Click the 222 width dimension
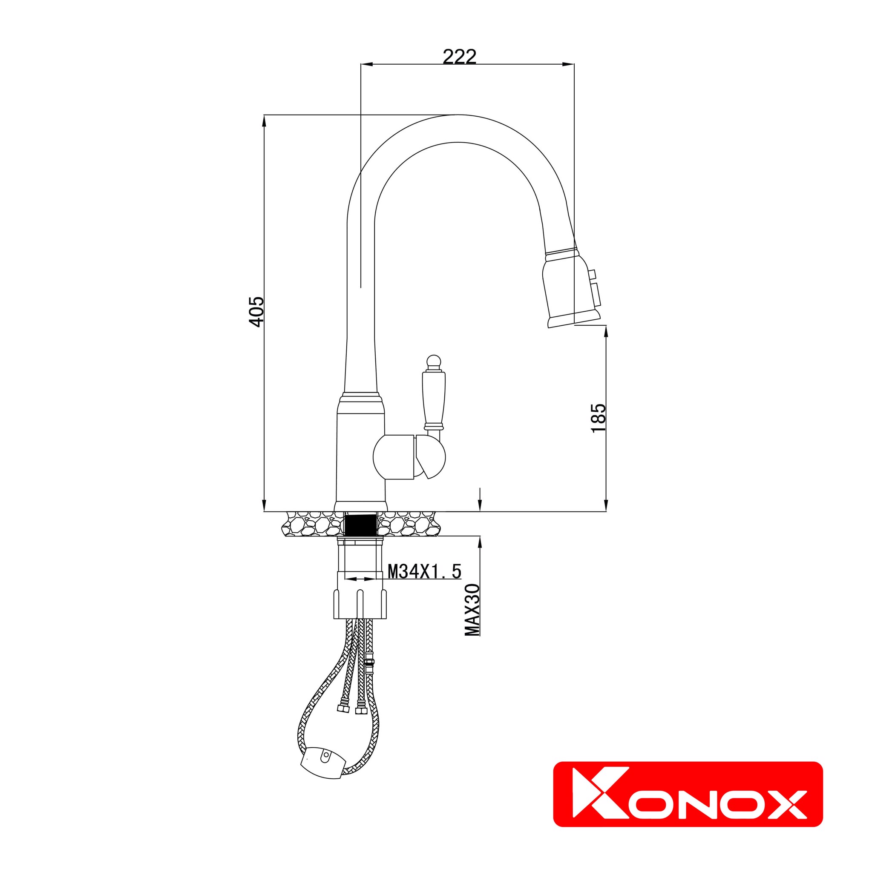459,57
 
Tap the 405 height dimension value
256,311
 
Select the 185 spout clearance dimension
599,418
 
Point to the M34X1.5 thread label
424,571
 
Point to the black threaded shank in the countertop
360,525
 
